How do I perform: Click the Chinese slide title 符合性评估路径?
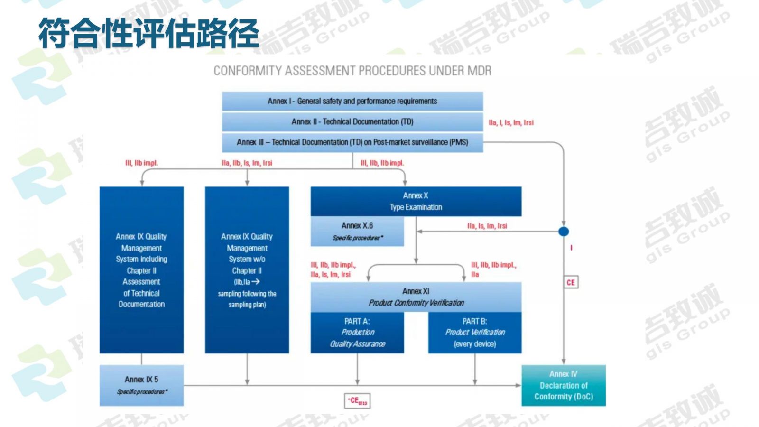(x=148, y=33)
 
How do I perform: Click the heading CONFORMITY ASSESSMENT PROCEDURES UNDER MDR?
(x=352, y=71)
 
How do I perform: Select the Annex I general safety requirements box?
(x=352, y=101)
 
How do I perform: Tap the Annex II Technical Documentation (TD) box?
(x=352, y=122)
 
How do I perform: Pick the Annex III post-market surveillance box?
(x=352, y=142)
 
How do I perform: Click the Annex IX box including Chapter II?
(x=141, y=269)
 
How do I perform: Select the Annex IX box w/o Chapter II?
(x=247, y=269)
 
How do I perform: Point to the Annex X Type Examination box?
(x=416, y=201)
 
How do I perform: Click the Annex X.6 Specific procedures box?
(x=357, y=231)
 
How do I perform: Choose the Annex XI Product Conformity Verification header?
(x=416, y=297)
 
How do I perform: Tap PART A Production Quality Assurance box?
(x=357, y=333)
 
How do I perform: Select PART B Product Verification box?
(x=474, y=333)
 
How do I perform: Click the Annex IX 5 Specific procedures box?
(x=141, y=385)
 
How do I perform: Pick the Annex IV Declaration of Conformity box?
(x=563, y=385)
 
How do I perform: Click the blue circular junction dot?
(x=564, y=232)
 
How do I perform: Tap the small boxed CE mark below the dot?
(x=571, y=282)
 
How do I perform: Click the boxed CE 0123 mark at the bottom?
(x=357, y=401)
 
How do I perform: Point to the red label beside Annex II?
(x=511, y=122)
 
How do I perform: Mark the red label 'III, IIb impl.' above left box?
(x=141, y=163)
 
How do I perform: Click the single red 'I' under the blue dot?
(x=571, y=248)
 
